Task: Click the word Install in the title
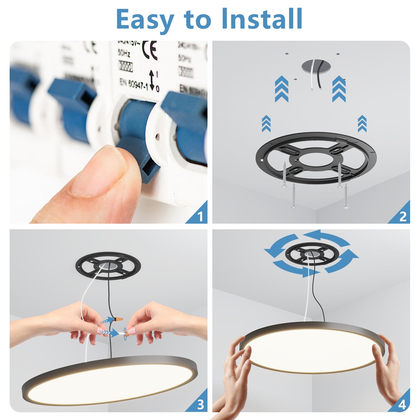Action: click(x=262, y=19)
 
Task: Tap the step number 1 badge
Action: click(x=200, y=217)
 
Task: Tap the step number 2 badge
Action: click(x=403, y=217)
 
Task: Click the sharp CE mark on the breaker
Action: click(x=150, y=50)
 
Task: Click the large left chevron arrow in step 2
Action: click(x=281, y=89)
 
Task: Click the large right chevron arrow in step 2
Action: click(x=339, y=89)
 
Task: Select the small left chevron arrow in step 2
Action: click(x=266, y=124)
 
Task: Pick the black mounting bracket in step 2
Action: click(x=316, y=158)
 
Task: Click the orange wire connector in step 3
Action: click(x=118, y=319)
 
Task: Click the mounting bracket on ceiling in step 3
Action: click(x=108, y=266)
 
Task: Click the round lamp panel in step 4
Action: click(x=312, y=349)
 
